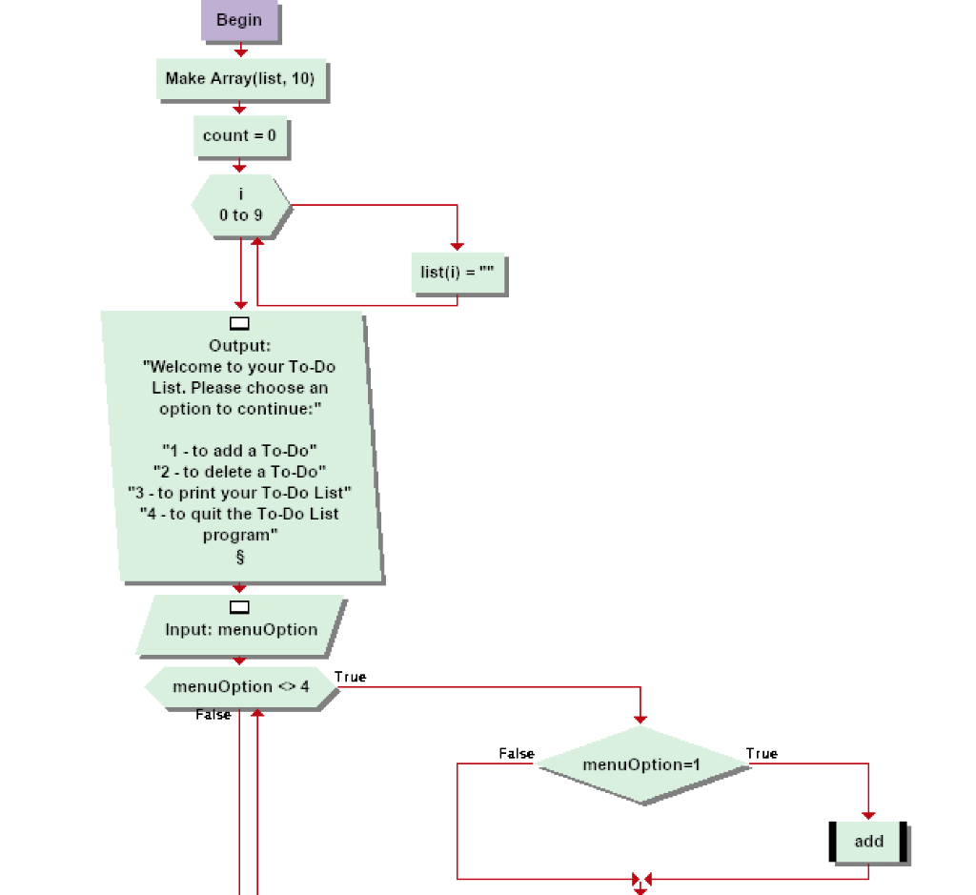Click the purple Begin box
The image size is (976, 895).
click(x=239, y=20)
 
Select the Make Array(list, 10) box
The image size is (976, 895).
click(x=240, y=79)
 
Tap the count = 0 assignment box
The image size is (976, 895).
click(x=239, y=136)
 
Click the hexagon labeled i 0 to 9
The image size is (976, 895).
click(x=240, y=206)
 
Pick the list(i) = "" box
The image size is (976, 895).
click(x=457, y=273)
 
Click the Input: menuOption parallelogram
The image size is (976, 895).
click(x=240, y=629)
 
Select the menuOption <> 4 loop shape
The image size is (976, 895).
click(x=240, y=687)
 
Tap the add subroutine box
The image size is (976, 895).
click(x=868, y=842)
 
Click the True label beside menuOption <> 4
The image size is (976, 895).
click(x=350, y=677)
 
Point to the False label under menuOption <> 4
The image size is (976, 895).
click(x=213, y=715)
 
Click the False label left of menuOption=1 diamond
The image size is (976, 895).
click(x=516, y=754)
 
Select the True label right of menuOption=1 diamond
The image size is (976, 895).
click(x=762, y=754)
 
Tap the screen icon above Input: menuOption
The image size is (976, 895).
click(x=240, y=607)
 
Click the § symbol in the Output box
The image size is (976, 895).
click(x=240, y=558)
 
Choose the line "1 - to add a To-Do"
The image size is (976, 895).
click(x=240, y=450)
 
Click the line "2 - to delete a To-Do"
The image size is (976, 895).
click(x=240, y=471)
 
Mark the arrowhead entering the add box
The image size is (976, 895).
click(x=868, y=814)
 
